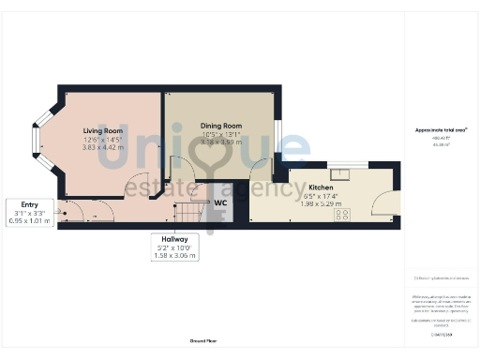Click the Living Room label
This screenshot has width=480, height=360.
click(x=103, y=130)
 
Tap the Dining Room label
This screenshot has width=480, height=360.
click(x=220, y=126)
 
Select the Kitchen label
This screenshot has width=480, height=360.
click(x=321, y=187)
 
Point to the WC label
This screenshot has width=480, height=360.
click(x=221, y=202)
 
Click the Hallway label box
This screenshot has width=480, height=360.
click(x=174, y=247)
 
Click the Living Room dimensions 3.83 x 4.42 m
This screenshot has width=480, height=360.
click(x=102, y=147)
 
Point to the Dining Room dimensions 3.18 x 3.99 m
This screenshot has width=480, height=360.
click(x=221, y=142)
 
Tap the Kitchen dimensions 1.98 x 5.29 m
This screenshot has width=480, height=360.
click(x=321, y=203)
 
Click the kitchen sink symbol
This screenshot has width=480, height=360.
click(x=354, y=172)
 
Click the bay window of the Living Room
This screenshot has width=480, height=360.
click(x=38, y=142)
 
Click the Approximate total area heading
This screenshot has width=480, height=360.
click(x=434, y=128)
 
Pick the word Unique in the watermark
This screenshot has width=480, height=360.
click(x=187, y=150)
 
